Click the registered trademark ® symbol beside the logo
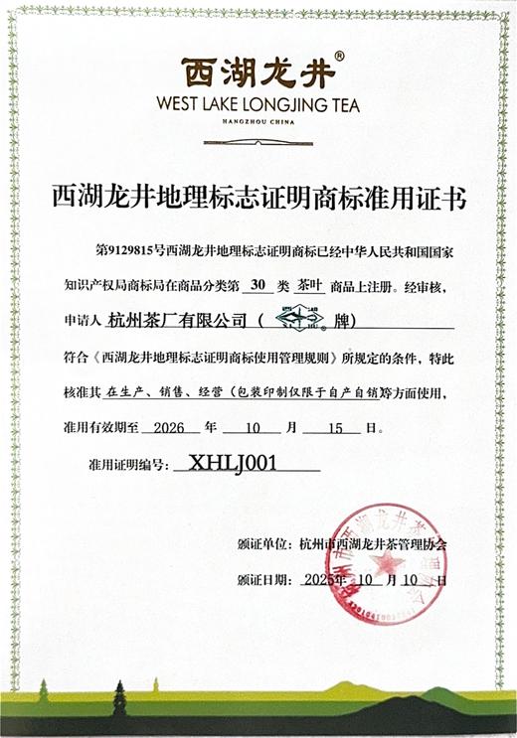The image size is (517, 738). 339,58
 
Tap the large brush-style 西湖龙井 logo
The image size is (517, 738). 258,72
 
